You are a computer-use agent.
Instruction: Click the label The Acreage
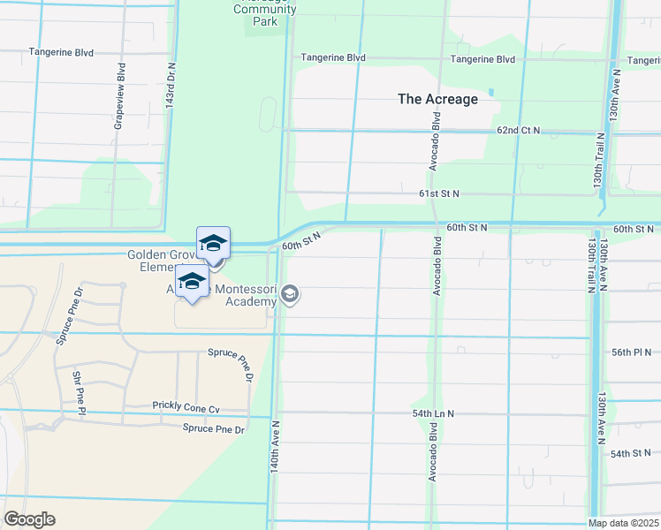tap(437, 99)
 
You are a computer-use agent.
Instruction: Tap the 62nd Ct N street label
tap(518, 130)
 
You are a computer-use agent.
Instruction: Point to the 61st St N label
tap(439, 193)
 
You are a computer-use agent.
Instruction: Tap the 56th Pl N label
tap(631, 352)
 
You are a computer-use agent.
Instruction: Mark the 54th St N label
tap(631, 453)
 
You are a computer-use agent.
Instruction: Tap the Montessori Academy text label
tap(239, 295)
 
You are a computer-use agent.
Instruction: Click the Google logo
tap(30, 519)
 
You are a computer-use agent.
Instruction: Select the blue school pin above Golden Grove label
tap(213, 243)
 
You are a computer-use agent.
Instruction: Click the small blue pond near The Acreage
tap(490, 91)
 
